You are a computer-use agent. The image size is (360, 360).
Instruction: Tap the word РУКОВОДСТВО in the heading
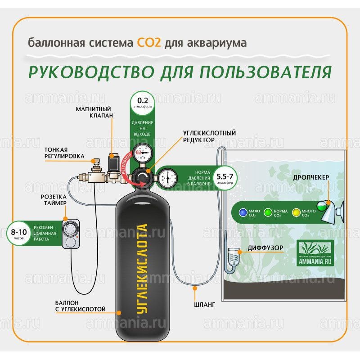pos(85,72)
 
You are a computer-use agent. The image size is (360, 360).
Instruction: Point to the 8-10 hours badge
pos(18,232)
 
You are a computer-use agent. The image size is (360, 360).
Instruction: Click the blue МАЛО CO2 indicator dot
pos(243,211)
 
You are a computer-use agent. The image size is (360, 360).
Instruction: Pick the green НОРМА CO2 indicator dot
pos(268,211)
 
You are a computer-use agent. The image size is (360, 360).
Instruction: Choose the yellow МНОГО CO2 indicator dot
pos(296,211)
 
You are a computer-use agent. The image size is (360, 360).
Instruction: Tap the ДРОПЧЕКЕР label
pos(311,177)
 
